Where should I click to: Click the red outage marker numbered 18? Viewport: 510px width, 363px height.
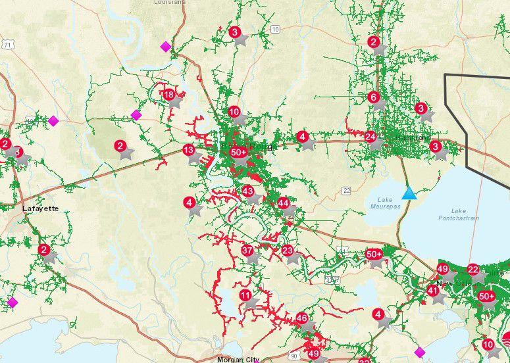coord(169,95)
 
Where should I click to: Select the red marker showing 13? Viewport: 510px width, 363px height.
coord(189,150)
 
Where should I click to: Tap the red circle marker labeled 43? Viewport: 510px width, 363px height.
coord(248,191)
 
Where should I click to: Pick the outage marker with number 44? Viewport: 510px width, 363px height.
coord(283,203)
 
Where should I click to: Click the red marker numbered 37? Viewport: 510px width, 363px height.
coord(247,250)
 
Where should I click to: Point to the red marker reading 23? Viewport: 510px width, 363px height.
coord(288,250)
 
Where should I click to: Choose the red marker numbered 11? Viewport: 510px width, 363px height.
coord(245,295)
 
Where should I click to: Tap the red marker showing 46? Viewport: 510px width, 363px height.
coord(302,318)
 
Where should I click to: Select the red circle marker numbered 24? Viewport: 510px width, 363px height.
coord(370,137)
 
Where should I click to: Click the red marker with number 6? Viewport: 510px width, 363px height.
coord(374,97)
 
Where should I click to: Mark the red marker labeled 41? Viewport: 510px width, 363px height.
coord(432,290)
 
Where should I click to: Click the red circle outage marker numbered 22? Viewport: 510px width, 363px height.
coord(472,269)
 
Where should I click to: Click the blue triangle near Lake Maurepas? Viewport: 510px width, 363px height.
coord(409,193)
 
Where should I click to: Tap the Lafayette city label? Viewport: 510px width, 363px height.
coord(41,208)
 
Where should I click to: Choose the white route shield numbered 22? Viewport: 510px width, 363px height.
coord(346,190)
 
